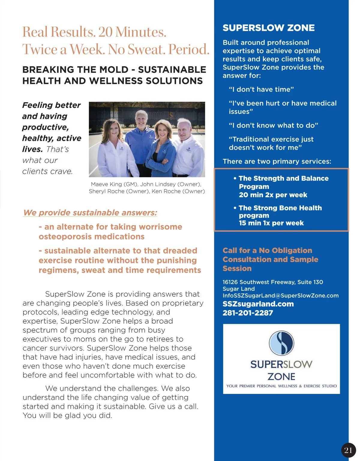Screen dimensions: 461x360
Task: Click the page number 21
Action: tap(348, 450)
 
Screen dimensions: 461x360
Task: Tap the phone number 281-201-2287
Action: tap(248, 313)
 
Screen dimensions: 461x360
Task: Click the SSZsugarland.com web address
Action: tap(258, 304)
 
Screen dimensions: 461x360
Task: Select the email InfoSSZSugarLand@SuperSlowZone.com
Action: tap(280, 296)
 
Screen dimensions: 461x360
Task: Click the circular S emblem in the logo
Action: tap(281, 343)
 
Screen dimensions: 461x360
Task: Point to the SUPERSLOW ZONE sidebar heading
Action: tap(268, 28)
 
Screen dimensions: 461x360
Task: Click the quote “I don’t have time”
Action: tap(261, 89)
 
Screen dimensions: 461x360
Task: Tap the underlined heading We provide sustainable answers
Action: tap(90, 213)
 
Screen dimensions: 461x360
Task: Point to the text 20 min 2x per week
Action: tap(273, 195)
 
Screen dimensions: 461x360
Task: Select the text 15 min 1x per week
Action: tap(271, 223)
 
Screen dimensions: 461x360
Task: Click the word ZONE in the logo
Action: tap(281, 376)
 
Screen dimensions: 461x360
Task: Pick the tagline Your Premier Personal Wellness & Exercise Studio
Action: tap(281, 386)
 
